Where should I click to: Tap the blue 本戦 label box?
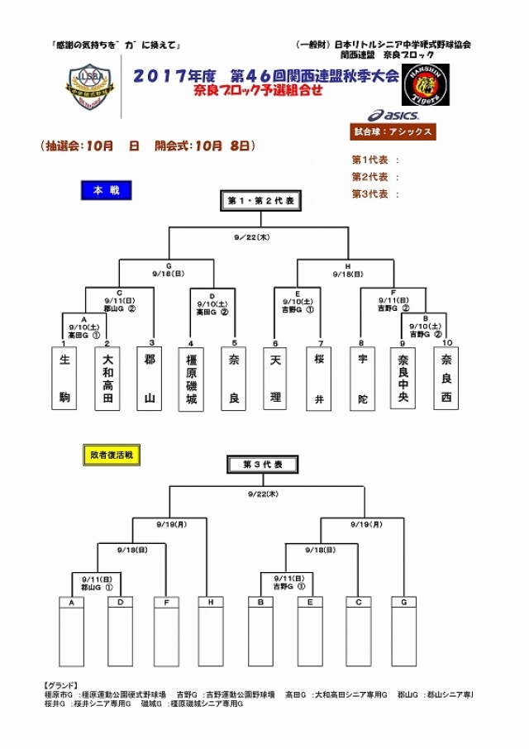point(106,190)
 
